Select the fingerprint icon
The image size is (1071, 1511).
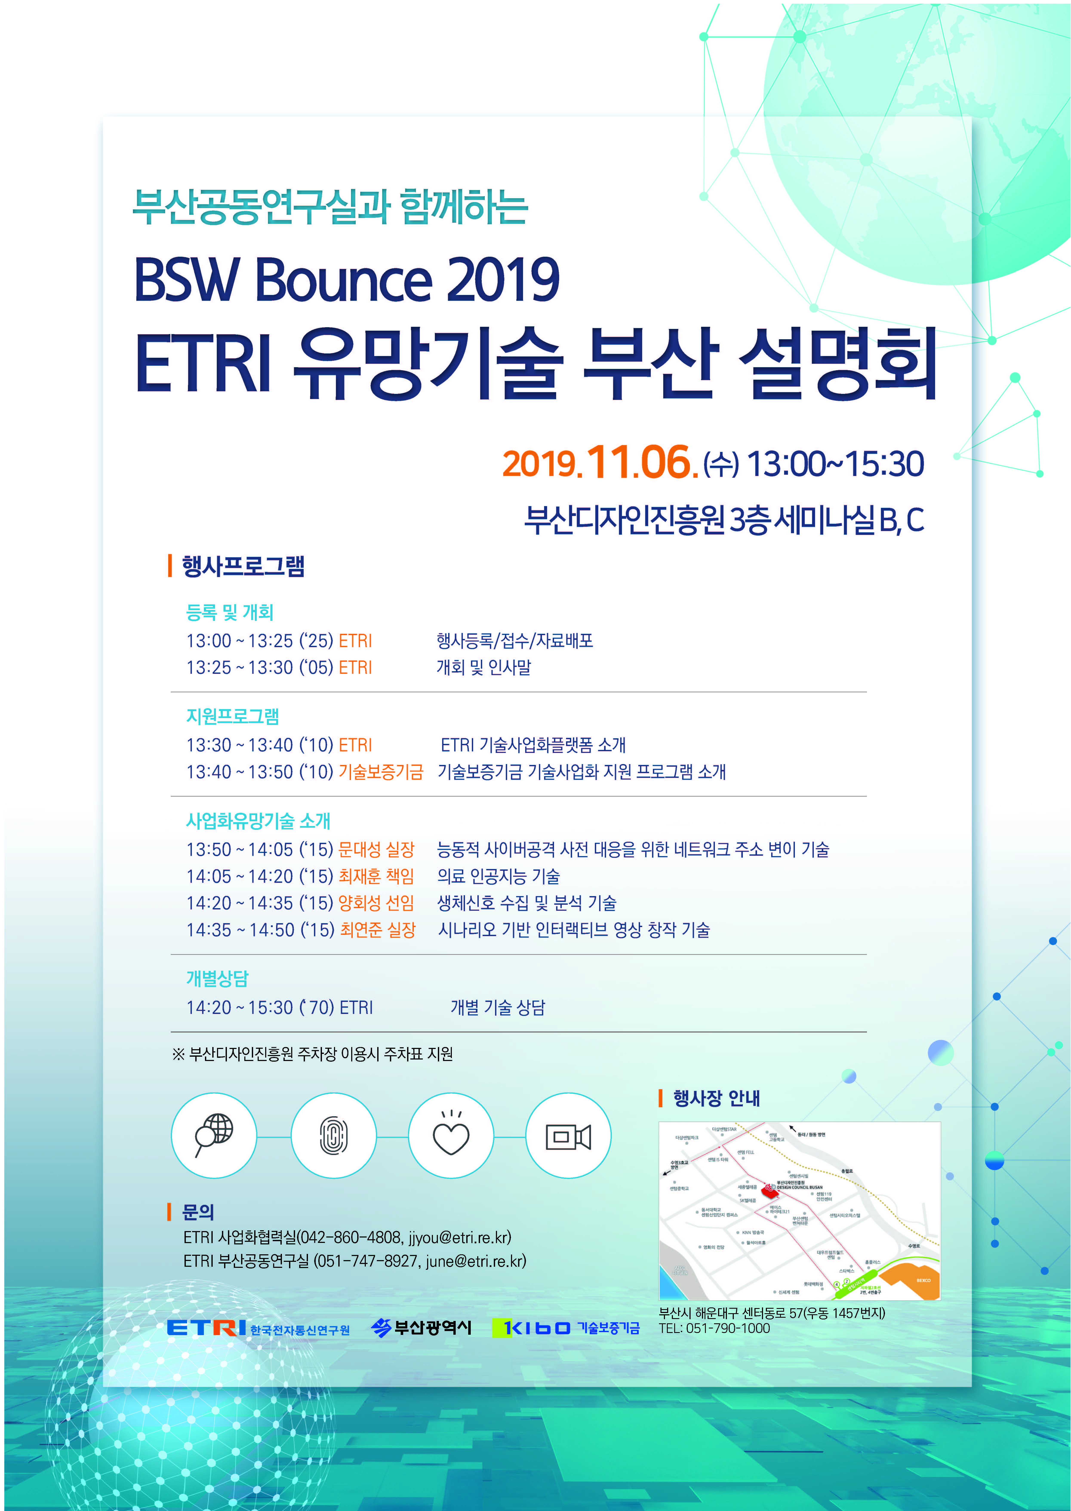click(x=334, y=1135)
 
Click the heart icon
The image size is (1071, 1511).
click(x=451, y=1135)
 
